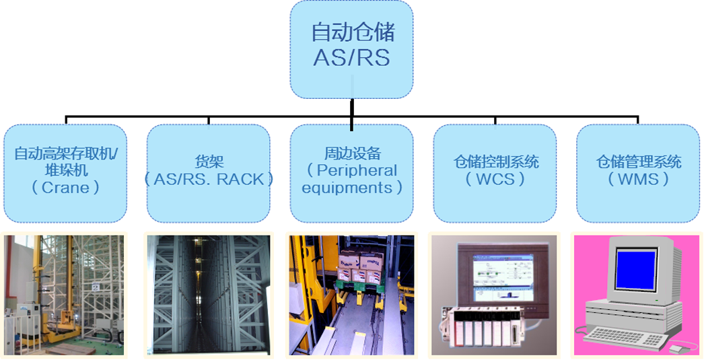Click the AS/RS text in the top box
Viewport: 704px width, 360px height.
point(351,58)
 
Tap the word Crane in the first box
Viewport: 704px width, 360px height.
point(65,188)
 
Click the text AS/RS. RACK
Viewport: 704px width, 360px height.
point(209,180)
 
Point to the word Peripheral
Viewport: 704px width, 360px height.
point(357,170)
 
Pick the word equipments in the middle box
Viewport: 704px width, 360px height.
point(347,188)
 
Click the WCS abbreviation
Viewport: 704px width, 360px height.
point(495,180)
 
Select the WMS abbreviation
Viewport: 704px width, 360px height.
point(638,180)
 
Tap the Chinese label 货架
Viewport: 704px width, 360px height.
point(209,162)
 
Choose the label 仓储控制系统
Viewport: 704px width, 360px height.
point(495,162)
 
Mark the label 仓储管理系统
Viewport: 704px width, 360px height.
point(639,162)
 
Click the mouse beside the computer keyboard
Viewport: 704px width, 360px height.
point(676,349)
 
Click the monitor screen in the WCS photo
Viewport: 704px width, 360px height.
point(503,277)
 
